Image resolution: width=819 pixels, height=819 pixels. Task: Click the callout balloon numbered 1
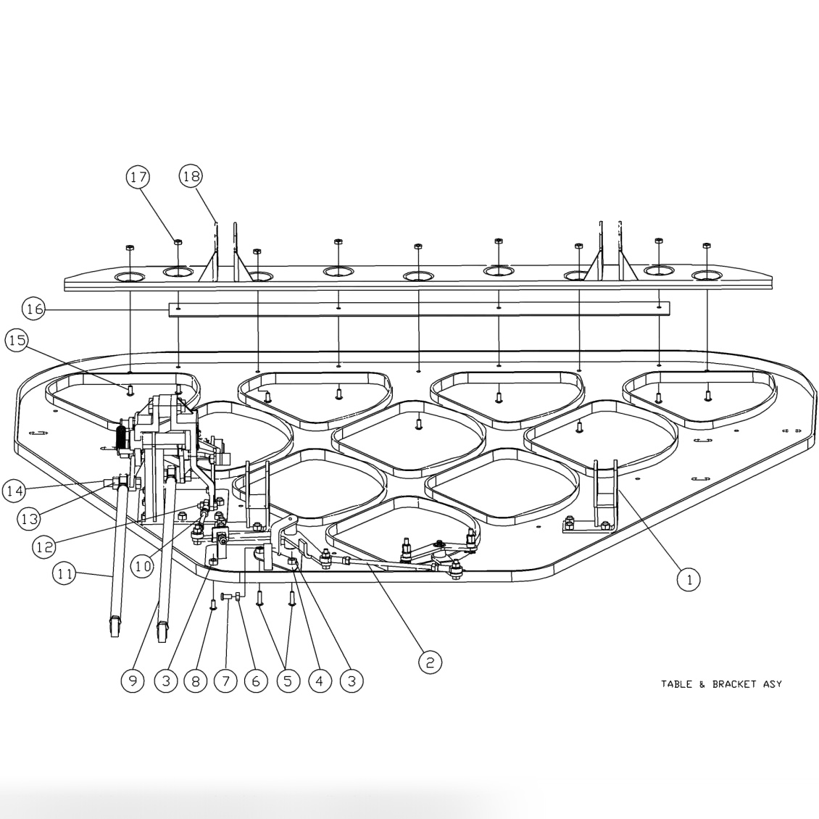[689, 578]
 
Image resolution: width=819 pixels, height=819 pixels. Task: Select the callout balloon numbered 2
[429, 661]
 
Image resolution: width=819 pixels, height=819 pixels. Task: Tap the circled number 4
[319, 681]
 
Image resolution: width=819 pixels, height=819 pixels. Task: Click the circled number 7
[225, 681]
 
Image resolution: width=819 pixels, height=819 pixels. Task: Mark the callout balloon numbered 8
[195, 681]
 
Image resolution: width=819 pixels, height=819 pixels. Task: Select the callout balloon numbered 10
[143, 566]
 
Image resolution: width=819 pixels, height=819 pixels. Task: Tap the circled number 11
[65, 574]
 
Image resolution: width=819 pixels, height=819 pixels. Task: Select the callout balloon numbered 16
[34, 309]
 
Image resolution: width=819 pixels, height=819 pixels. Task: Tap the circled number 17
[138, 176]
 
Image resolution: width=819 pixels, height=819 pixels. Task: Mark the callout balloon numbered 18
[192, 176]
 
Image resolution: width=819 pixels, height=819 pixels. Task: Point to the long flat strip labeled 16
[419, 309]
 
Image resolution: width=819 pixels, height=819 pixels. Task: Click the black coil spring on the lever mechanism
[121, 438]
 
